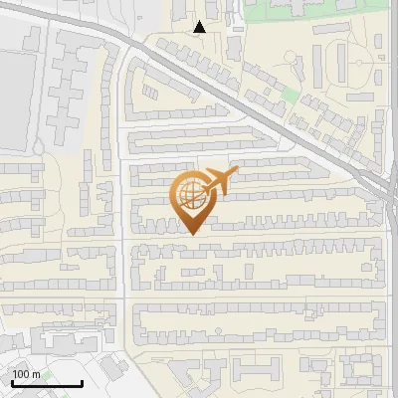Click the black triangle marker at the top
tap(200, 27)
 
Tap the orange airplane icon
tap(220, 182)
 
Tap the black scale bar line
tap(47, 383)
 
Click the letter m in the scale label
tap(37, 374)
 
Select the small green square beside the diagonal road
tap(290, 95)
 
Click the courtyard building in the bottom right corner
tap(363, 373)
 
